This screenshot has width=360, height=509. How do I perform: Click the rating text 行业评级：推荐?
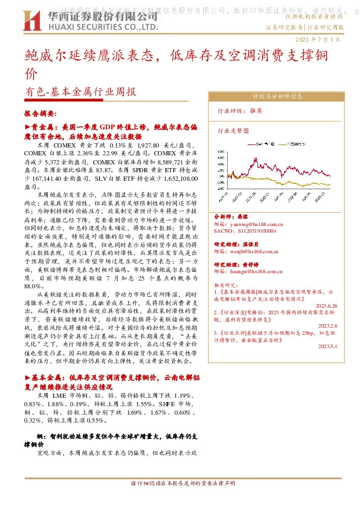coord(240,111)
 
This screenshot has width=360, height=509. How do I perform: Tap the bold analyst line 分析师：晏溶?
coord(232,216)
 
